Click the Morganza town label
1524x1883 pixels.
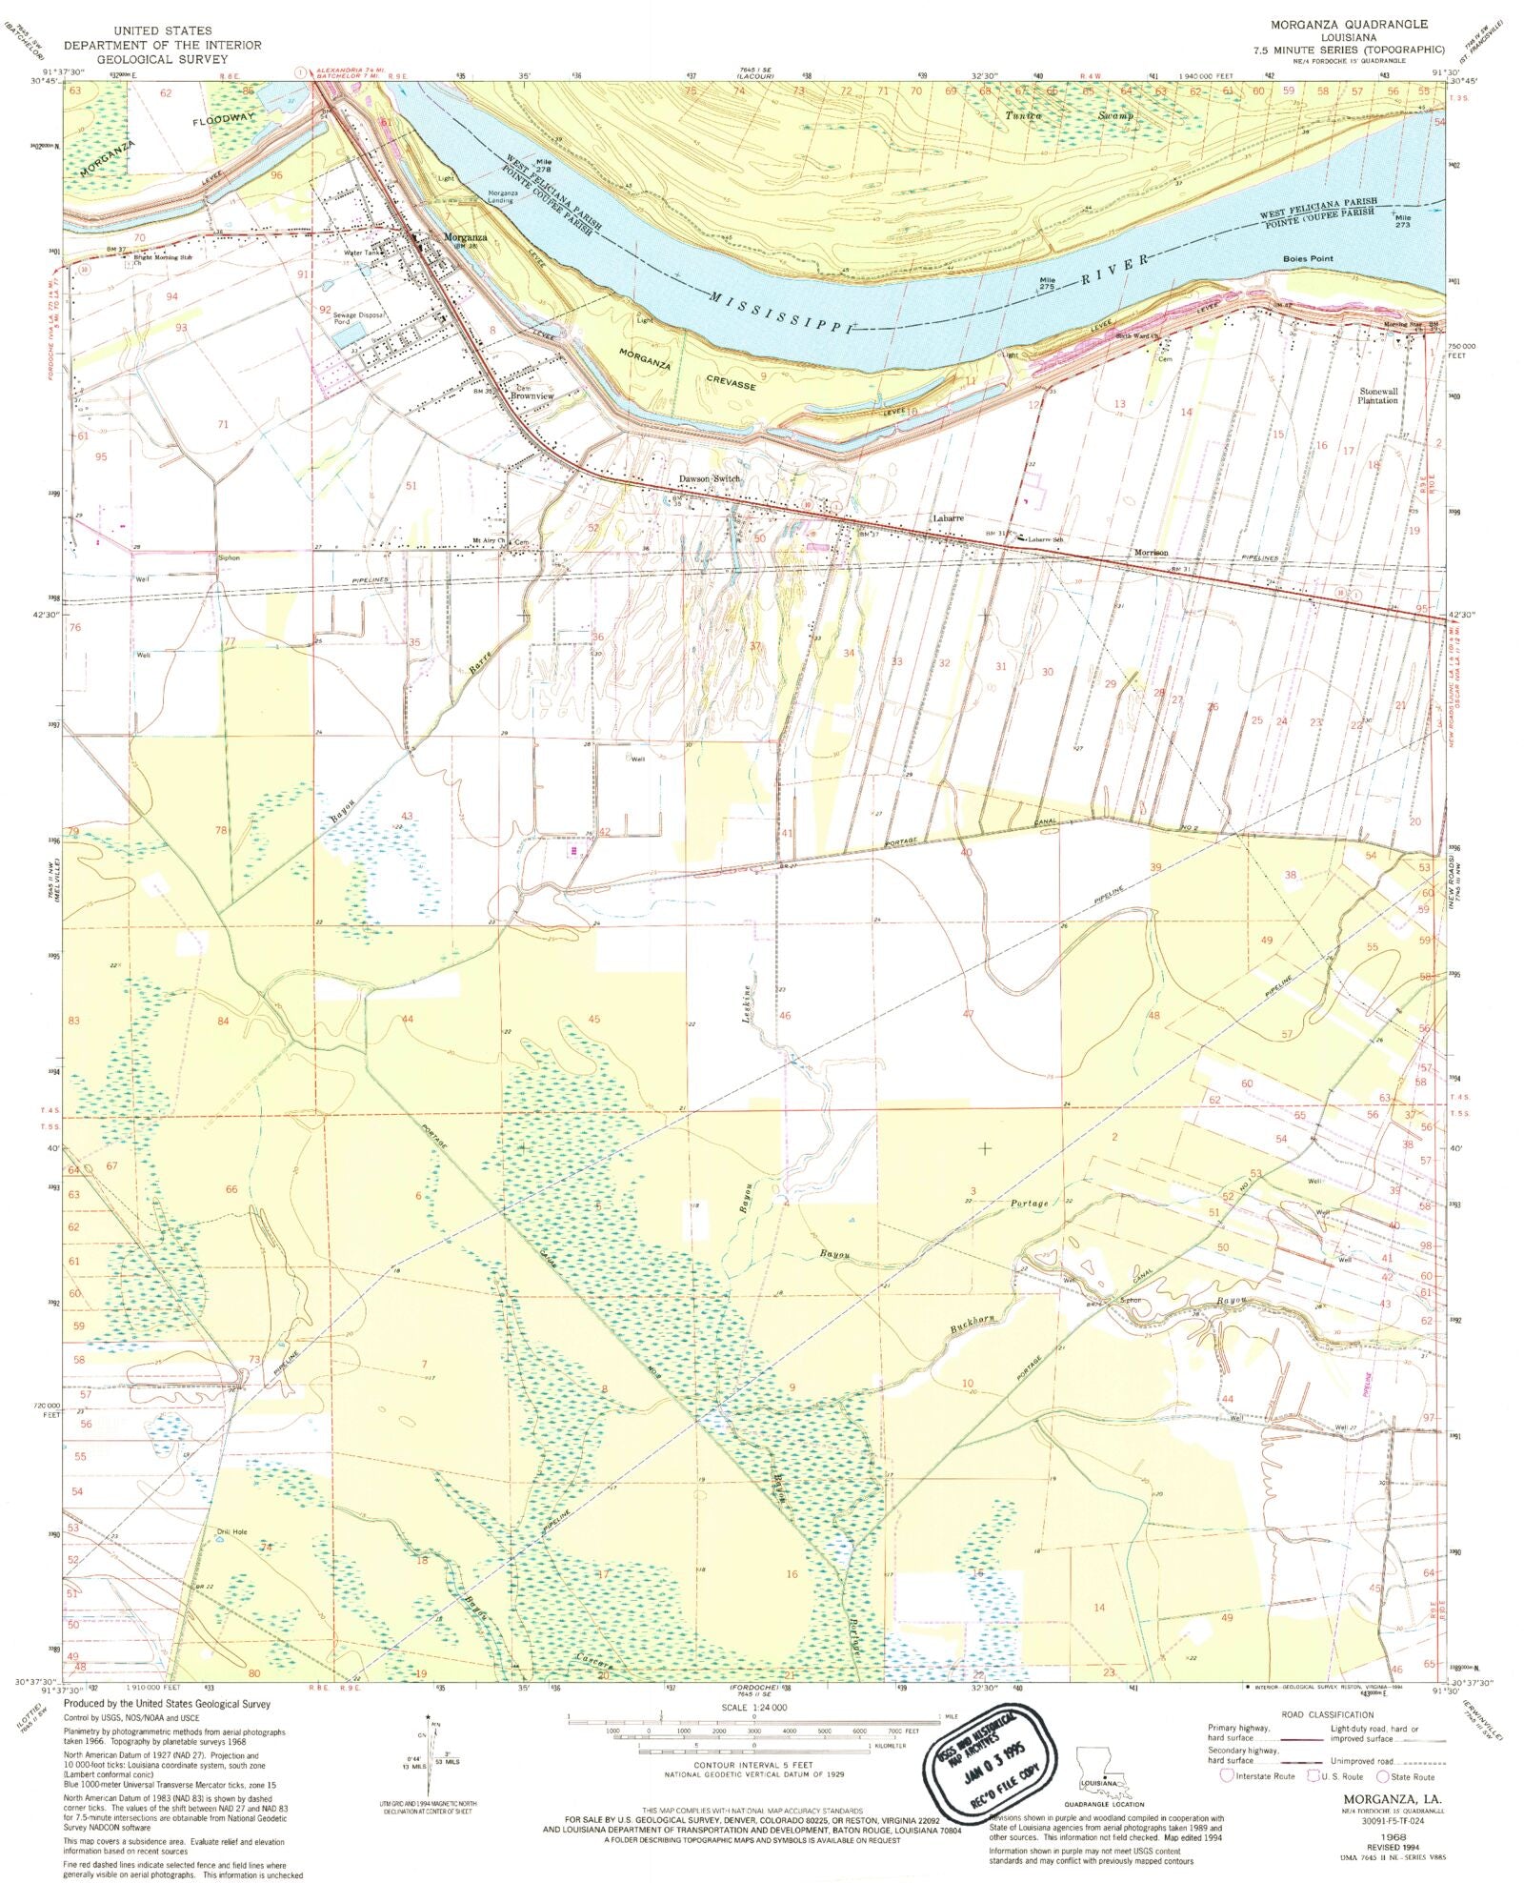(x=464, y=237)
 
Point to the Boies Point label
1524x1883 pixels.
(x=1307, y=259)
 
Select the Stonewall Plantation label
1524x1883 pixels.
(x=1378, y=395)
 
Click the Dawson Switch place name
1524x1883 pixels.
(x=709, y=479)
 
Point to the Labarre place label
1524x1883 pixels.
(x=948, y=518)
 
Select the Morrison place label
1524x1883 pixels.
(x=1150, y=553)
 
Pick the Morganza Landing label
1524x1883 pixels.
(x=501, y=196)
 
